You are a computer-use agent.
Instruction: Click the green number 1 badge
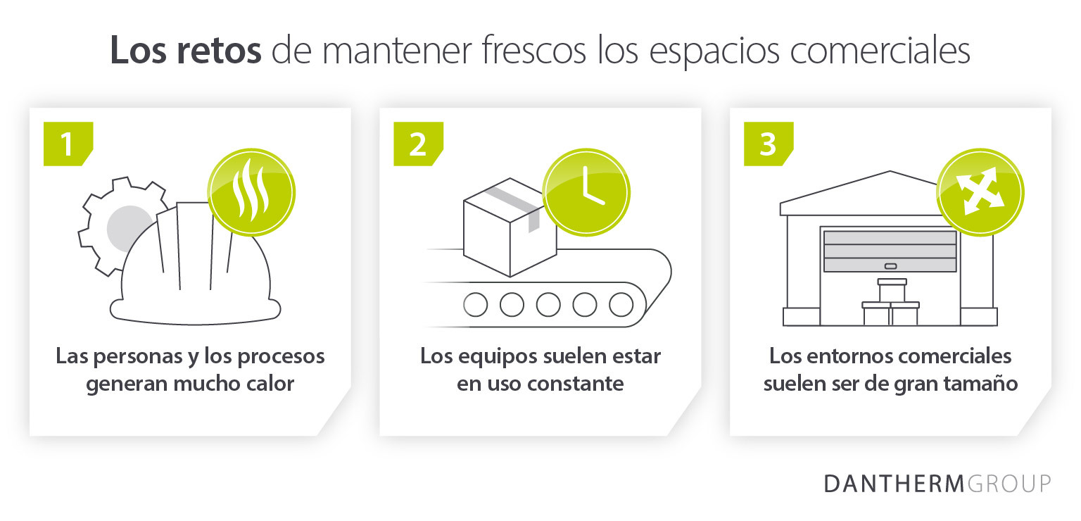[x=68, y=144]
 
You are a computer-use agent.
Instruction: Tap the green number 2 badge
[x=418, y=144]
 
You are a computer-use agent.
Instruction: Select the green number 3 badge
[x=769, y=144]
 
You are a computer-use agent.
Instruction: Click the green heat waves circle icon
[x=251, y=192]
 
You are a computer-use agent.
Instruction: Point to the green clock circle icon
[x=586, y=192]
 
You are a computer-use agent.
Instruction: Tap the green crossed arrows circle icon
[x=980, y=192]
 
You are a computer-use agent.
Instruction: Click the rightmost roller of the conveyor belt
[x=621, y=305]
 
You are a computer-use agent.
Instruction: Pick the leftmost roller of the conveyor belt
[x=475, y=305]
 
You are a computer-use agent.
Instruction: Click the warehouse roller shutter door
[x=890, y=251]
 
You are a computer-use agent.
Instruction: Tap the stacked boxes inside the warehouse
[x=891, y=302]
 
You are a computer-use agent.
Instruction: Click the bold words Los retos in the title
[x=186, y=50]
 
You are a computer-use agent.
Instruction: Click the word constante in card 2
[x=575, y=384]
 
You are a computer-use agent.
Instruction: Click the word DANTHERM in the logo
[x=894, y=484]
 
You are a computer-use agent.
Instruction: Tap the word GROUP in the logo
[x=1009, y=484]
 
